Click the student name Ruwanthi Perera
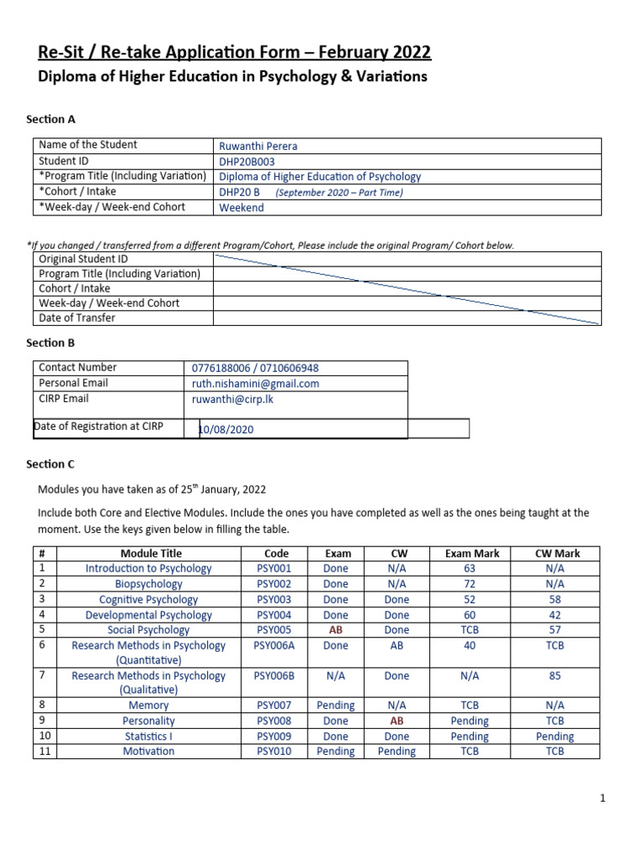257,146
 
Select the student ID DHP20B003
247,162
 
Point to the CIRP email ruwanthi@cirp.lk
233,400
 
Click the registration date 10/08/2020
226,430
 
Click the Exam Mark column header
472,554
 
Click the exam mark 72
470,584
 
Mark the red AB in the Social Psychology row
335,630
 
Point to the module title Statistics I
148,737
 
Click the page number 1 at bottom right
602,799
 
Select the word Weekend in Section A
241,208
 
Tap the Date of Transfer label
77,318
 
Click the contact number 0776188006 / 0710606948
255,369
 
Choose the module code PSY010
274,752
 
